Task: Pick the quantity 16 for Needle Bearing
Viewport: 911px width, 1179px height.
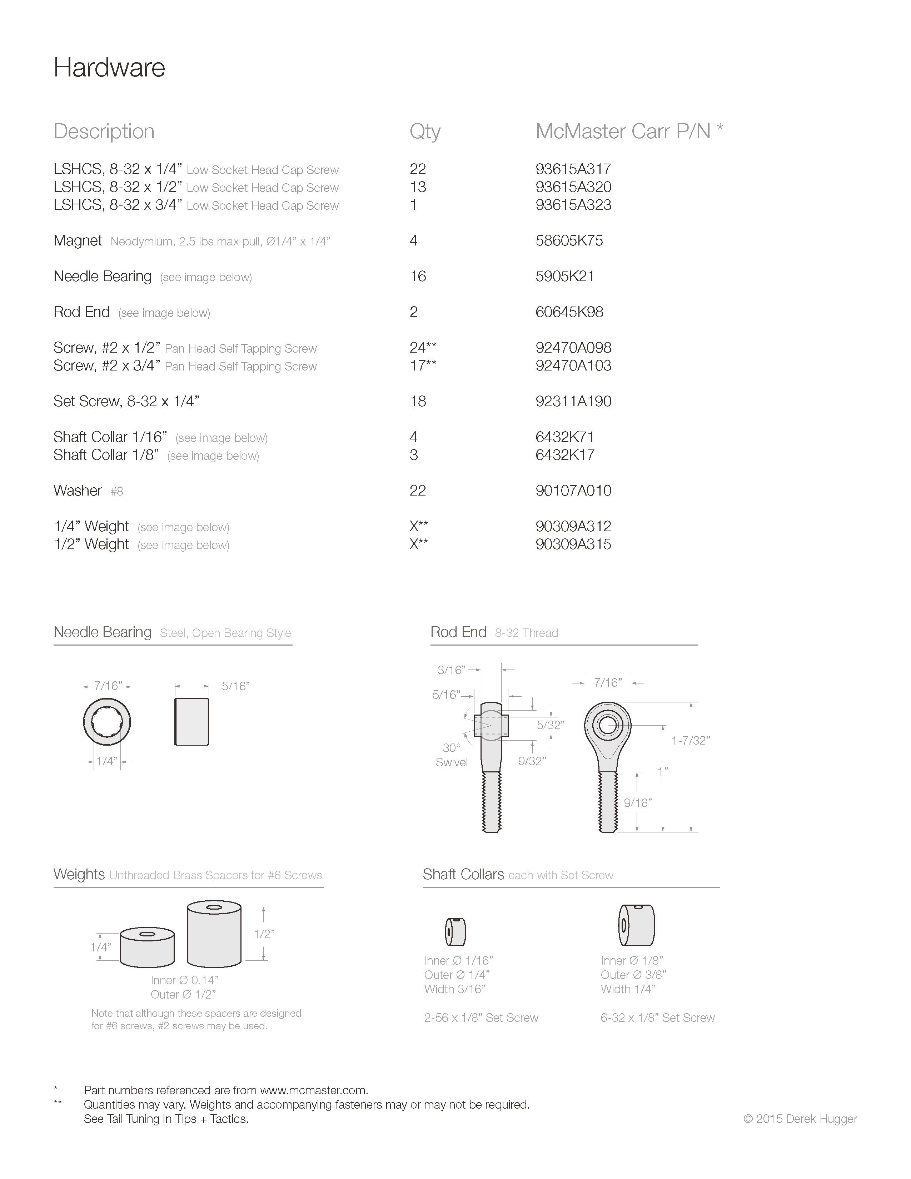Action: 418,277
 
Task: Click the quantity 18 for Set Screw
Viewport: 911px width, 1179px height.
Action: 418,401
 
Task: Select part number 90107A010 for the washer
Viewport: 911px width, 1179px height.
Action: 573,491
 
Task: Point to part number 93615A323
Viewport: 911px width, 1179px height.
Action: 573,205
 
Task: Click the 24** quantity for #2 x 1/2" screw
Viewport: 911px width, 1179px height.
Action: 423,348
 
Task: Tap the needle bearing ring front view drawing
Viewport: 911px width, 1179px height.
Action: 107,722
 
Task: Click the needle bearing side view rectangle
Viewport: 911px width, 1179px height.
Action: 191,722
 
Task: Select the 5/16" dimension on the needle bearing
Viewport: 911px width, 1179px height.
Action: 235,686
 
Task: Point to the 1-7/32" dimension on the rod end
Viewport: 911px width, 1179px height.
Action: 690,741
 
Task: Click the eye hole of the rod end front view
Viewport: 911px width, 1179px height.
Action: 608,725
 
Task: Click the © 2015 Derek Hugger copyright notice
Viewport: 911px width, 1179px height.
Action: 800,1119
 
